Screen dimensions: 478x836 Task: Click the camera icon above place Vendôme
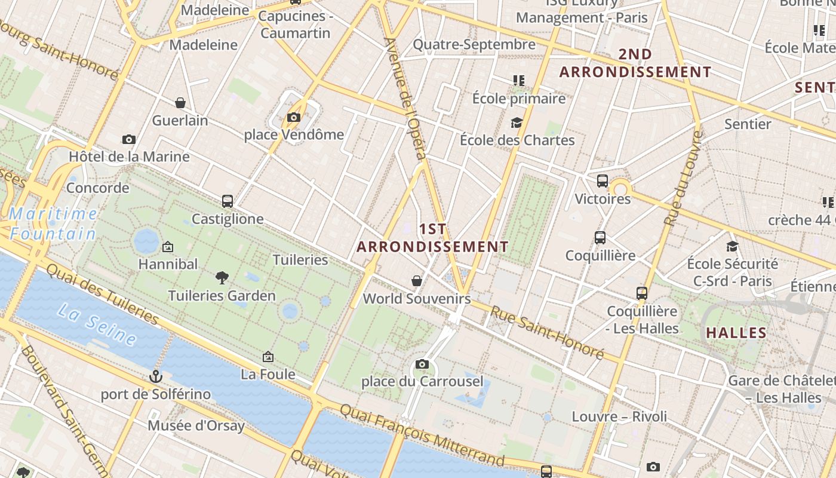pos(293,118)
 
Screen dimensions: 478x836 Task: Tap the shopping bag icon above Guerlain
pos(180,103)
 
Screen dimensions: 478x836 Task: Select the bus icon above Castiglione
pos(227,201)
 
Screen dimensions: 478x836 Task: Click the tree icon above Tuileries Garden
pos(222,277)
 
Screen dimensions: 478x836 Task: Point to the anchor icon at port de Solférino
pos(155,376)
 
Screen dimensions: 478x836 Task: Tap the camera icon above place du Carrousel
pos(422,364)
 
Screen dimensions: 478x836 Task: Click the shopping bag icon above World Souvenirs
pos(417,281)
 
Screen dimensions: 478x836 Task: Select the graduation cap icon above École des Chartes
pos(517,123)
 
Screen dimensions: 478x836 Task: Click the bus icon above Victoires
pos(603,181)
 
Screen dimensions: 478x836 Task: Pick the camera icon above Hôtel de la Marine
pos(128,140)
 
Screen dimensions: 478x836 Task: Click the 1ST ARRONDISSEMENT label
pos(433,238)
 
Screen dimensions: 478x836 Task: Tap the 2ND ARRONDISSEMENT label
pos(635,63)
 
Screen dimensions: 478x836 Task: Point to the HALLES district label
pos(736,333)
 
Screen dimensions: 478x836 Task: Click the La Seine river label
pos(97,323)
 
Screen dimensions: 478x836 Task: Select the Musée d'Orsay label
pos(196,426)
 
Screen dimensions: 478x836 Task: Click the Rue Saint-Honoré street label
pos(547,332)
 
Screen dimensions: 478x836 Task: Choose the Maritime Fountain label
pos(54,223)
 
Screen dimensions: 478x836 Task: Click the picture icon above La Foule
pos(268,357)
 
